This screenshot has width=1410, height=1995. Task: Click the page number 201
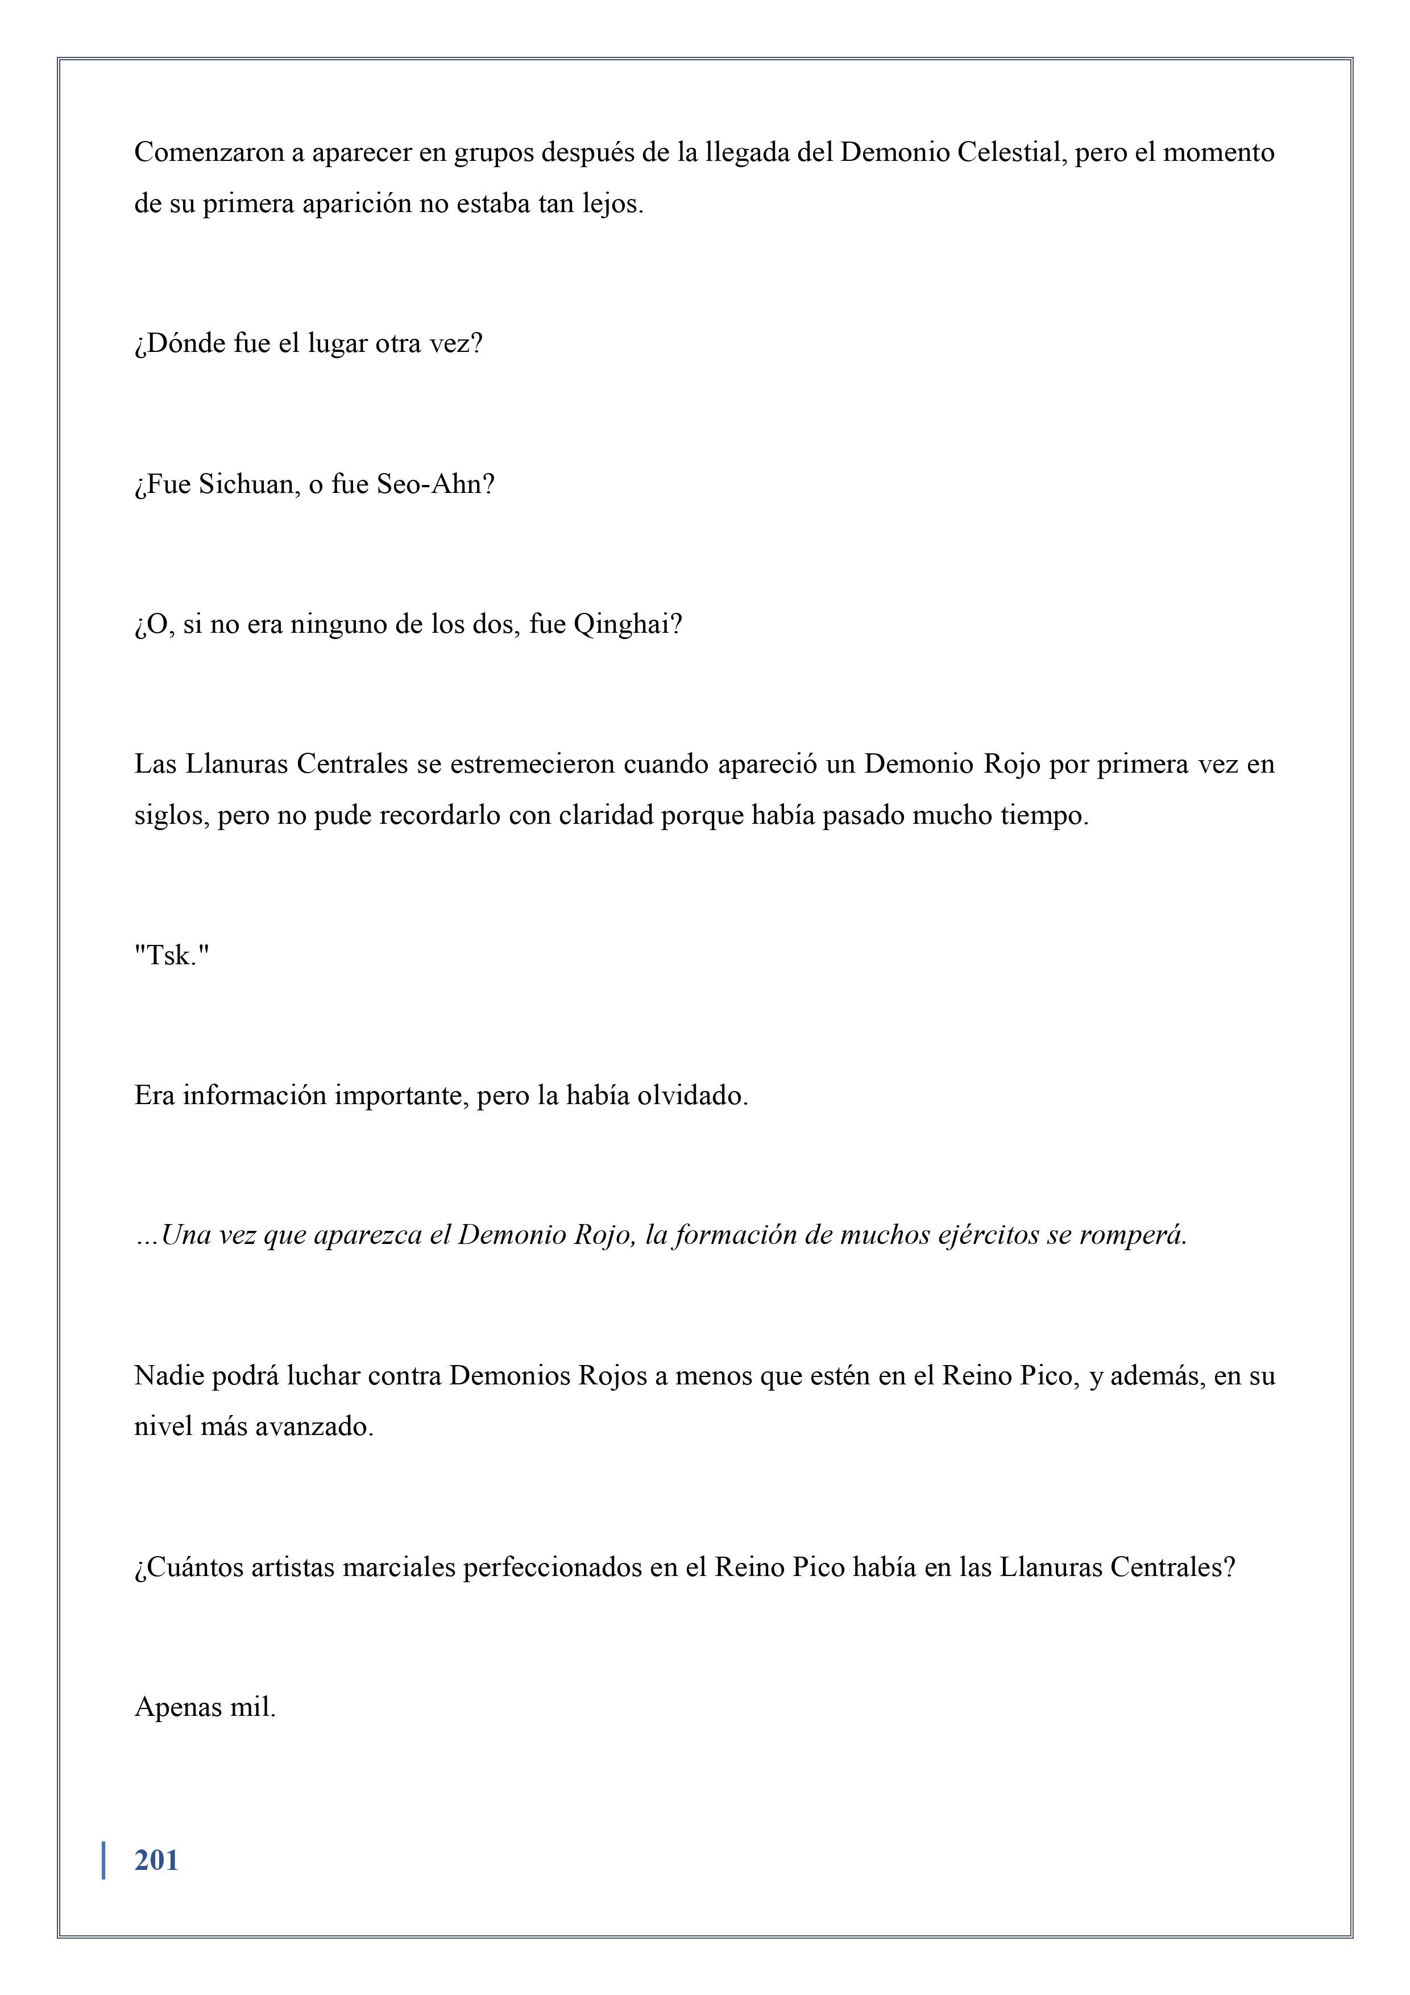point(156,1860)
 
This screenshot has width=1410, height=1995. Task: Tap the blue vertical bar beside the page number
point(104,1860)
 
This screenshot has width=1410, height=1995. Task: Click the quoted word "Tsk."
point(172,956)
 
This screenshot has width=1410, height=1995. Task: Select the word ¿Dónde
point(180,344)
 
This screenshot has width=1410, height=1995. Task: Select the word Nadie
point(170,1375)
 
